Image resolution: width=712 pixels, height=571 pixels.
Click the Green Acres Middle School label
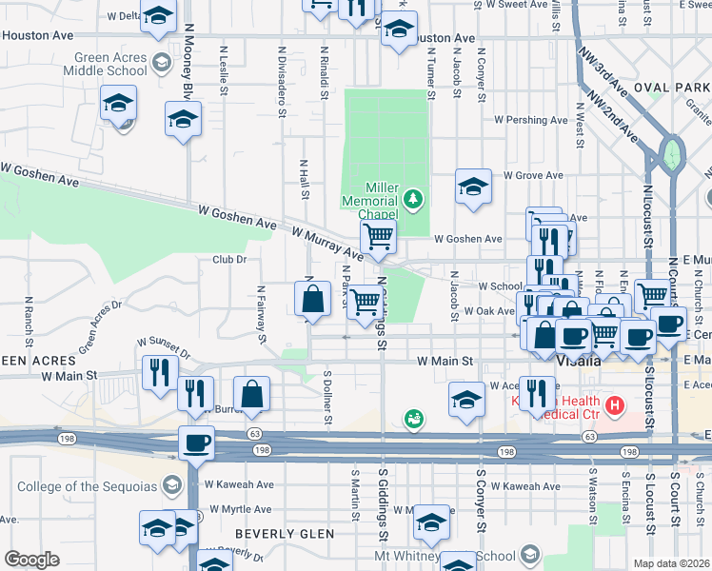tap(108, 64)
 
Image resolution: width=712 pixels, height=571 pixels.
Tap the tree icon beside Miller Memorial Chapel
tap(412, 198)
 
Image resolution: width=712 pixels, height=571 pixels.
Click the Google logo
tap(31, 560)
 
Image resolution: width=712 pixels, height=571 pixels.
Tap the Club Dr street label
tap(228, 259)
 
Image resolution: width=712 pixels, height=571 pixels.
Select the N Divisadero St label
tap(283, 81)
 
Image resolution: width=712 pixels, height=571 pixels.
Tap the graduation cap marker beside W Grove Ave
tap(472, 187)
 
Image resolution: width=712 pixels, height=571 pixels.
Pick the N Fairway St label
tap(260, 309)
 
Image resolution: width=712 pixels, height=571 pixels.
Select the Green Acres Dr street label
tap(101, 326)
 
